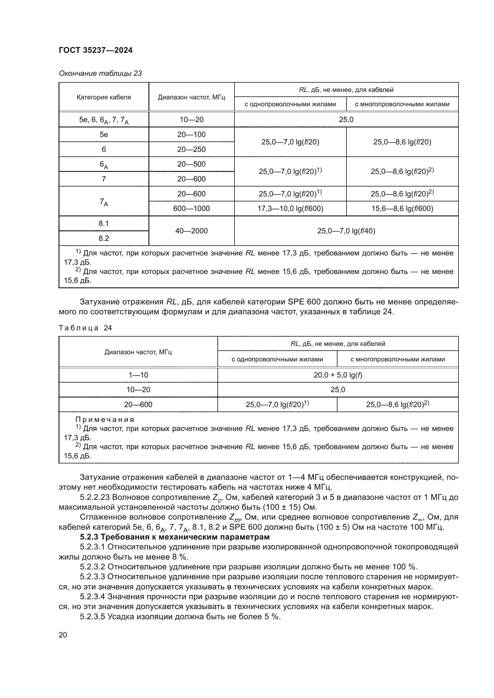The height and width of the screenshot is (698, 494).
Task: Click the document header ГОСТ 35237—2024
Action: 96,50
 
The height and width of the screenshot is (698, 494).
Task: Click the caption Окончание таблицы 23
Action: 100,73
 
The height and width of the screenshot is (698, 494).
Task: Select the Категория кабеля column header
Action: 104,97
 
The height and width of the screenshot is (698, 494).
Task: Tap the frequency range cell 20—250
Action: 191,149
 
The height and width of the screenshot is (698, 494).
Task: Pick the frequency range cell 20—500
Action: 191,164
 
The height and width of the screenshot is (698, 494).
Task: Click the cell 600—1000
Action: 191,208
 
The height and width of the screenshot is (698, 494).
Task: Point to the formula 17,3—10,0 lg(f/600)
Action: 290,208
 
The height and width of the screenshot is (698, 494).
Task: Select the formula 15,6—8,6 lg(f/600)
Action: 402,208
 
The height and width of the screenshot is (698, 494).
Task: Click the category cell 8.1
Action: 104,224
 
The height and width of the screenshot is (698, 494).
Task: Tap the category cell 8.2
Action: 104,238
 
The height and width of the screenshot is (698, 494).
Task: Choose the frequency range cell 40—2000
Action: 191,231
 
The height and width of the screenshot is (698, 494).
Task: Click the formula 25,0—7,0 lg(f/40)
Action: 346,231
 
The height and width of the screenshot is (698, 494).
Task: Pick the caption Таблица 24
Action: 85,328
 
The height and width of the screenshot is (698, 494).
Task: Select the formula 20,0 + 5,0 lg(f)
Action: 338,375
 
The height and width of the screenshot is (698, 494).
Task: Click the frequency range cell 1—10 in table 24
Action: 138,375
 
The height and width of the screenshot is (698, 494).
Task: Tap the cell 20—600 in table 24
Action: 138,404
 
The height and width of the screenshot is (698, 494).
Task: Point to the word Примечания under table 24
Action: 105,420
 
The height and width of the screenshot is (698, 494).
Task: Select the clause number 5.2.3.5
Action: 93,617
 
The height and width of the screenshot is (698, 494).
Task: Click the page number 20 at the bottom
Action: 63,635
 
